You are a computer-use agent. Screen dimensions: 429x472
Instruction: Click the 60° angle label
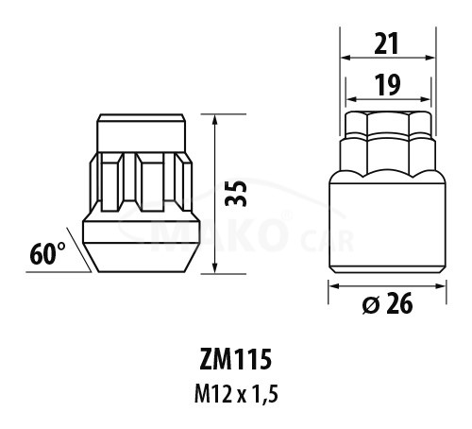(47, 254)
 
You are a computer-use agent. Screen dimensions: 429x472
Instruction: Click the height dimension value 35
(236, 194)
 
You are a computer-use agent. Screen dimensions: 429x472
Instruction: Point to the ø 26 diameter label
(388, 304)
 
